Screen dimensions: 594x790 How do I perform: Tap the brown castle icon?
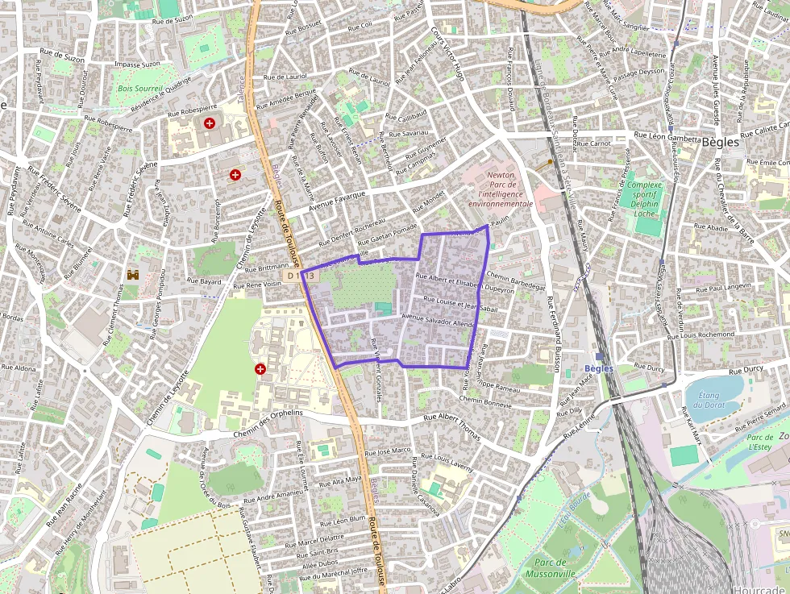click(x=133, y=274)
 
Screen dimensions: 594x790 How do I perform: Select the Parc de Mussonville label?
click(x=551, y=567)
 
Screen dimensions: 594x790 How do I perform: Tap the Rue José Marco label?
click(x=388, y=451)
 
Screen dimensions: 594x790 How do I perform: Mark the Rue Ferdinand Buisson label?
click(x=554, y=334)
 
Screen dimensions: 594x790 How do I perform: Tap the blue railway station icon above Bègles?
click(x=599, y=356)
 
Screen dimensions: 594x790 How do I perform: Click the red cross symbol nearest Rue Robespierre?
click(x=210, y=123)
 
